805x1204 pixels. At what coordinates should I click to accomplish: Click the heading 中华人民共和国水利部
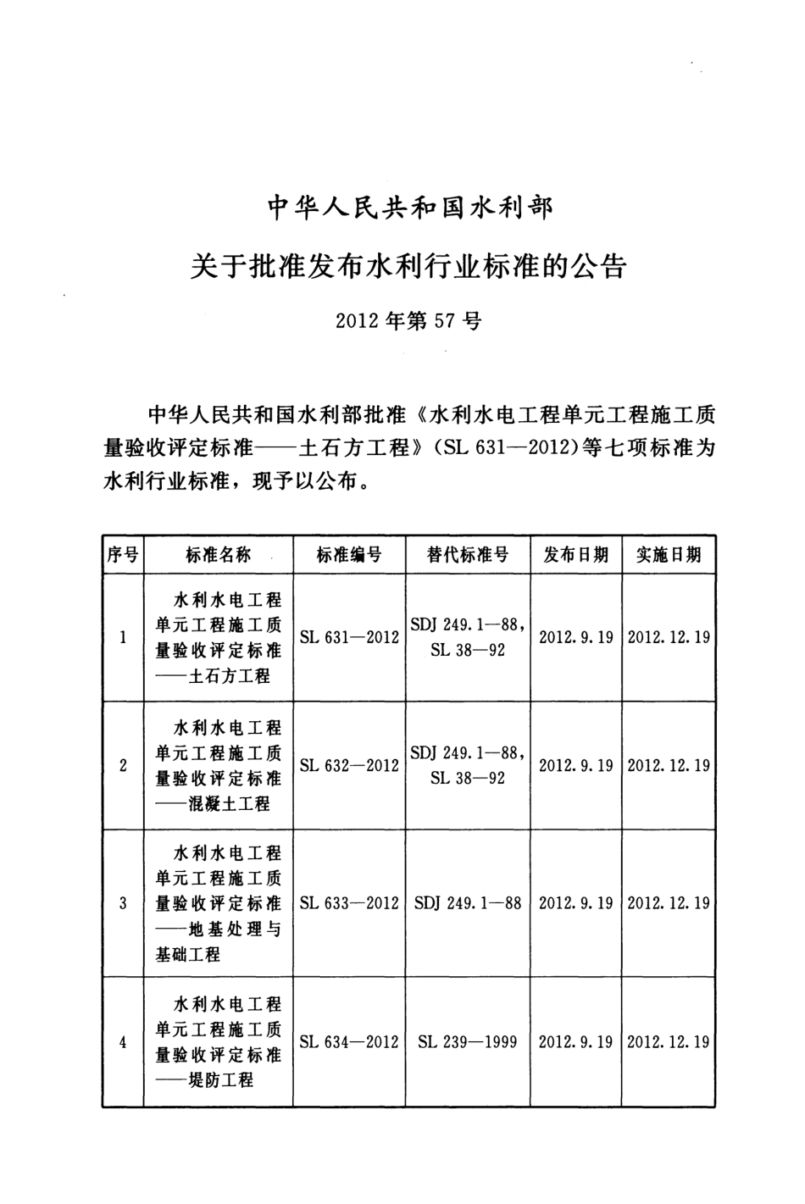coord(409,208)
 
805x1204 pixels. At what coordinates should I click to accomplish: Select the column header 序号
coord(123,555)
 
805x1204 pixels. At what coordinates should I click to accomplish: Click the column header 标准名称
coord(219,555)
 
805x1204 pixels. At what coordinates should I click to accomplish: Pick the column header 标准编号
coord(349,555)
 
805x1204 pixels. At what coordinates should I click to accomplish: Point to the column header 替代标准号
coord(468,555)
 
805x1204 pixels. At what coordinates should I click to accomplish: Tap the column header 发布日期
coord(576,555)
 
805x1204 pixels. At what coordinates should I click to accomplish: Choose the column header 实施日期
coord(669,555)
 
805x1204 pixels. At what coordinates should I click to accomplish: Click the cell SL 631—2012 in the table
coord(349,637)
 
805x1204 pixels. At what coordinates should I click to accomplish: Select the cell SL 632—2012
coord(349,765)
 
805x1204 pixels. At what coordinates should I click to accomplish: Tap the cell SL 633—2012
coord(349,903)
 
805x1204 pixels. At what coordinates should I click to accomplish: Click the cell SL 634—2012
coord(349,1042)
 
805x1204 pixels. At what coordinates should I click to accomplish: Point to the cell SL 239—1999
coord(468,1042)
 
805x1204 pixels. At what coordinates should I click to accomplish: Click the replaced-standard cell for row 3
coord(468,903)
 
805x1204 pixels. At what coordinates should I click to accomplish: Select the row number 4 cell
coord(123,1042)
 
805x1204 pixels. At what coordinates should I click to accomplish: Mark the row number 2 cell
coord(123,765)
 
